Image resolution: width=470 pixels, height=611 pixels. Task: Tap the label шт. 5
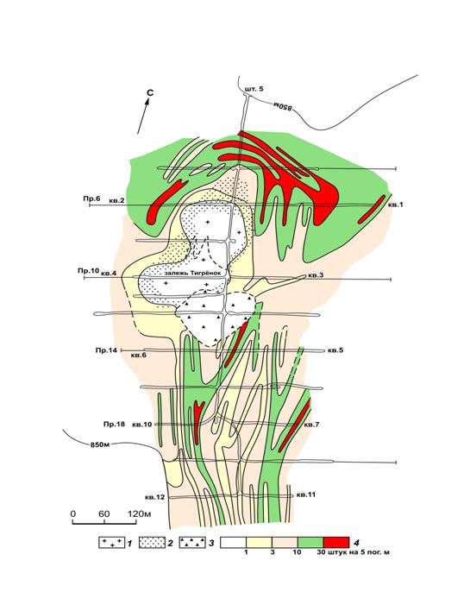click(x=254, y=89)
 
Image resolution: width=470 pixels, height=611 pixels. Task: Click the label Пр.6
click(x=91, y=198)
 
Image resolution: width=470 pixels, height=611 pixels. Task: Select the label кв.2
click(x=116, y=200)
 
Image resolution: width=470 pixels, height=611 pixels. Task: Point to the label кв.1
click(x=395, y=205)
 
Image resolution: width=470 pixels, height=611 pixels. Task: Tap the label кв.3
click(x=316, y=275)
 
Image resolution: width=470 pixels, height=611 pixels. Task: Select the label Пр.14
click(x=106, y=350)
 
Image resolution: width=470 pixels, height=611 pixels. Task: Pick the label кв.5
click(x=335, y=350)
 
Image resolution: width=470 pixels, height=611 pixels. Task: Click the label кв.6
click(x=139, y=355)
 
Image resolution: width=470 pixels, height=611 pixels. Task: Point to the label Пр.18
click(x=114, y=424)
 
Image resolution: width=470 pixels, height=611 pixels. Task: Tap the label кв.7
click(x=311, y=425)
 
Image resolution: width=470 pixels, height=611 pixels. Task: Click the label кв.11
click(x=306, y=494)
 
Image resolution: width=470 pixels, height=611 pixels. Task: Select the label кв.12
click(x=154, y=497)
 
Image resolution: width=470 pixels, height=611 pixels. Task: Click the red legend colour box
click(x=336, y=543)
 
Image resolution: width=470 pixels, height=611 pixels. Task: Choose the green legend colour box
click(x=310, y=543)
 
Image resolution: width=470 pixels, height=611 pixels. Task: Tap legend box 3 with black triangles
click(x=192, y=543)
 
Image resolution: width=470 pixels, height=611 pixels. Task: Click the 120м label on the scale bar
click(x=139, y=514)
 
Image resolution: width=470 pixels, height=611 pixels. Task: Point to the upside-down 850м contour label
click(x=282, y=107)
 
